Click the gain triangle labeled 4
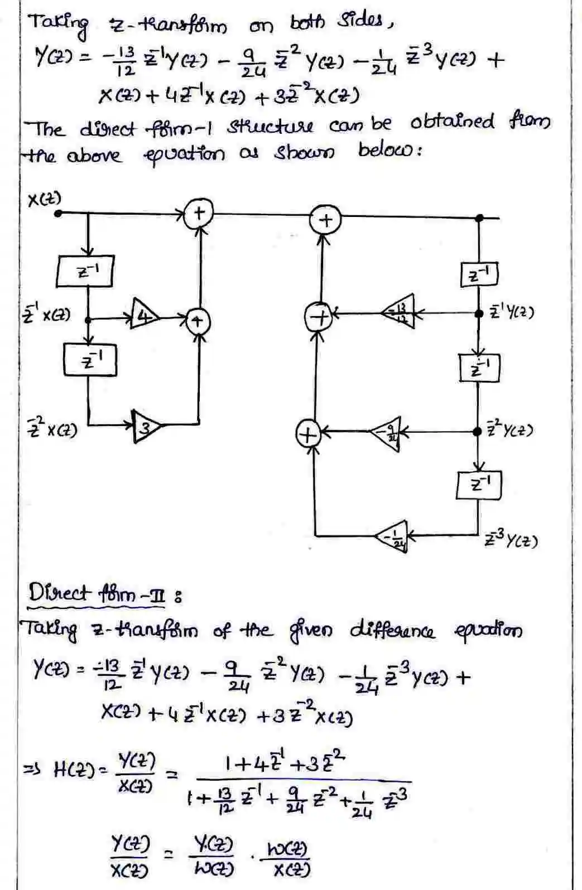pos(144,318)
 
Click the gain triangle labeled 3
pos(145,428)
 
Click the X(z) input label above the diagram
pos(44,199)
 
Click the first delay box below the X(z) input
pos(86,271)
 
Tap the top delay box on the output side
pos(479,274)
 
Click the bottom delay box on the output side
pos(479,485)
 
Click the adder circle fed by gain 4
pos(196,321)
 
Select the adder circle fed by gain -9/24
pos(307,433)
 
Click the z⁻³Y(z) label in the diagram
pos(511,540)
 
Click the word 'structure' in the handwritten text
pos(270,126)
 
